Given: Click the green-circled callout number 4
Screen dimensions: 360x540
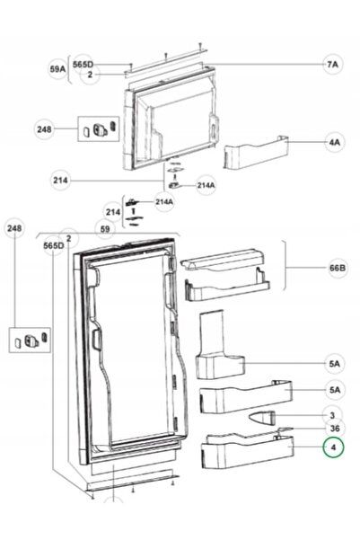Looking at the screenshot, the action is click(333, 447).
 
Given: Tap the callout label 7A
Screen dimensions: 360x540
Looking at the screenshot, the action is click(332, 65).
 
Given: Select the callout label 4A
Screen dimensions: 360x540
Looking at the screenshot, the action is click(334, 142).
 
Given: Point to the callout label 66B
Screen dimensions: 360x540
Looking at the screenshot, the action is click(338, 268).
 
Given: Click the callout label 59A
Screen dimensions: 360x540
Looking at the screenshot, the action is click(57, 69).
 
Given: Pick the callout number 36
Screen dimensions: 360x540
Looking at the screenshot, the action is click(335, 429).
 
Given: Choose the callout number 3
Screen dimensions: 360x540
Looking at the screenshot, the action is click(332, 415).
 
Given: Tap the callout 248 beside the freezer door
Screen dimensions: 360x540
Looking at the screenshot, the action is click(44, 129).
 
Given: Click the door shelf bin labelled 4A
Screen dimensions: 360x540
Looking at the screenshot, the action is click(256, 152).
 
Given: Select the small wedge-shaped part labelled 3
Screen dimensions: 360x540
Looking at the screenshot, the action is click(262, 418).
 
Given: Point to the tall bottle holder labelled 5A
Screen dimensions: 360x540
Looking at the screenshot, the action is click(219, 345).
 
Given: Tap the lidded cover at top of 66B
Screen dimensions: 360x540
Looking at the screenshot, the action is click(222, 260).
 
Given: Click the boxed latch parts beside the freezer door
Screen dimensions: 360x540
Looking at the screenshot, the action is click(99, 128).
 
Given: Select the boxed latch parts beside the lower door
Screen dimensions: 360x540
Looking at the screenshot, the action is click(30, 340).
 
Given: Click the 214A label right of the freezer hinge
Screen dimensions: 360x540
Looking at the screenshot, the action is click(206, 185).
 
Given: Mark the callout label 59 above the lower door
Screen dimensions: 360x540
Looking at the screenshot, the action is click(105, 229).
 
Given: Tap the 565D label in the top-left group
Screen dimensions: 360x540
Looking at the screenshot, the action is click(83, 64).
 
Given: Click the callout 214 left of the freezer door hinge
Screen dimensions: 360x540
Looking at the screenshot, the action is click(60, 180).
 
